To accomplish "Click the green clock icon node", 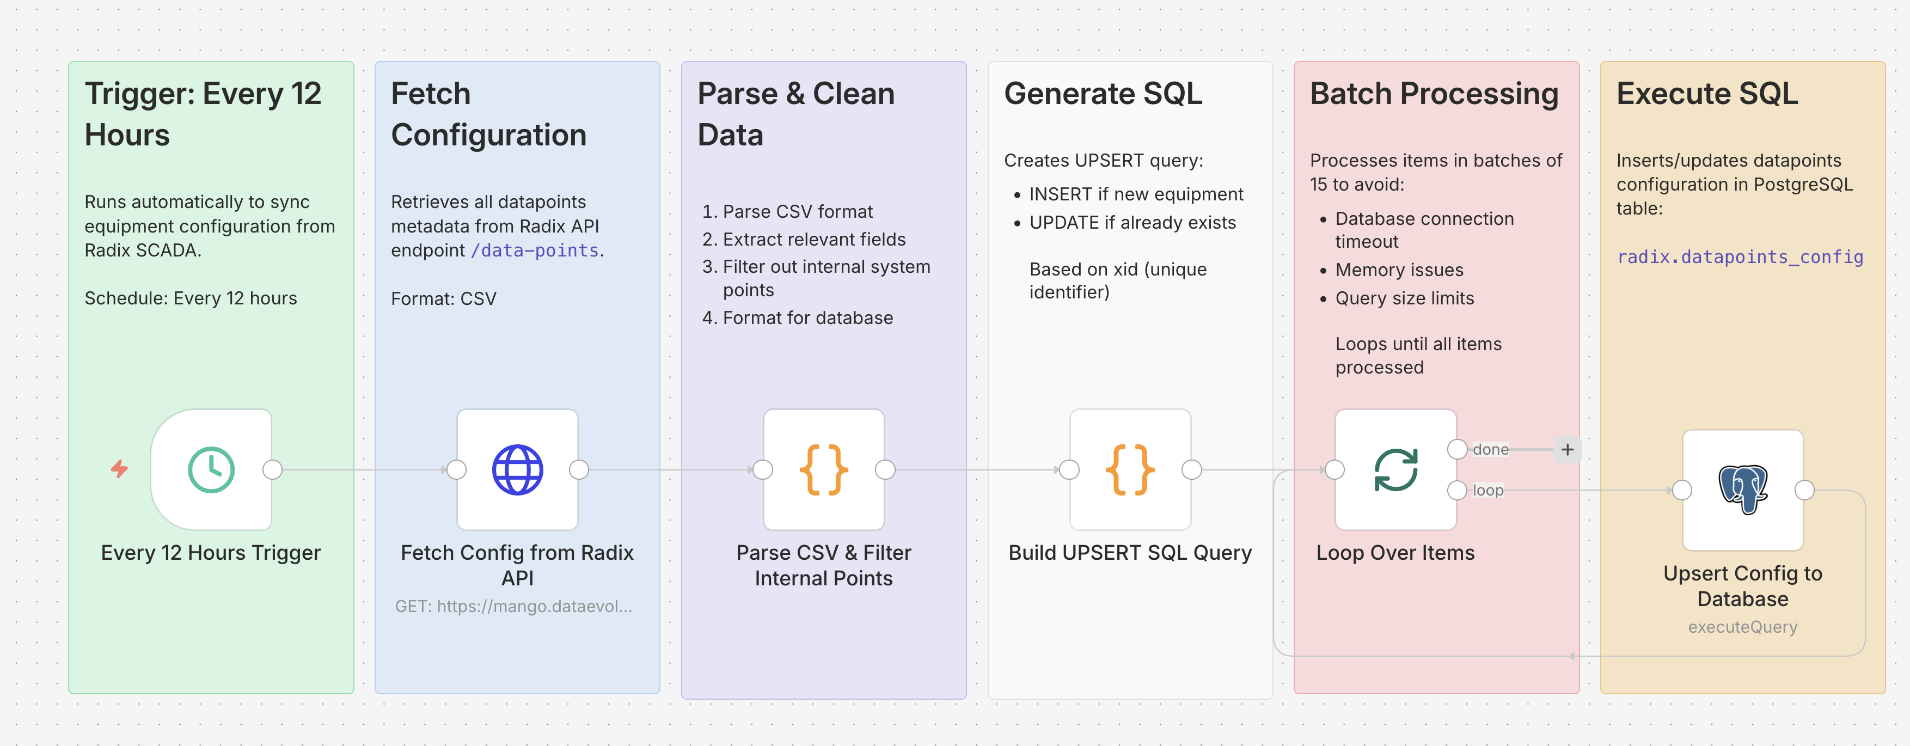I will (211, 469).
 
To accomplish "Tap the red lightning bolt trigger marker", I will (119, 469).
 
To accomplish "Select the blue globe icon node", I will (518, 469).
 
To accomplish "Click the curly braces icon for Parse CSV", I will (824, 469).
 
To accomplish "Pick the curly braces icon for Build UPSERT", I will (1130, 469).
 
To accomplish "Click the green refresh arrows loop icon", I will (1395, 469).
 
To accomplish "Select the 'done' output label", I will (1490, 449).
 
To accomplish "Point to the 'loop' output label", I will (1487, 490).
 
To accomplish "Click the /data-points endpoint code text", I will (535, 250).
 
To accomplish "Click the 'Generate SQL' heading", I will (1103, 94).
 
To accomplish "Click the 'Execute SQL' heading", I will (1707, 94).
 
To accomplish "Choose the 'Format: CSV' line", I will (443, 299).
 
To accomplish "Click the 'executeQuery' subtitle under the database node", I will (1742, 627).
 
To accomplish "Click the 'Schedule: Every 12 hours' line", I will (191, 298).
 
